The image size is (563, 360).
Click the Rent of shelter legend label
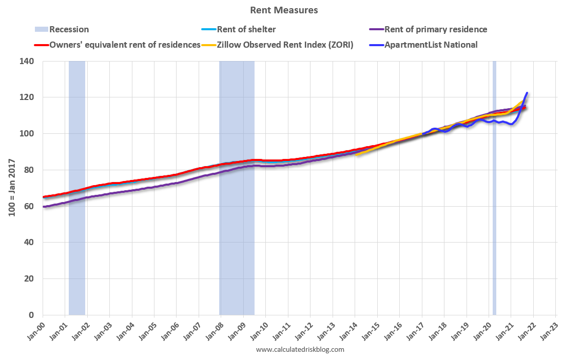(x=246, y=29)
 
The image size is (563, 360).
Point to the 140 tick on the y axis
(x=27, y=61)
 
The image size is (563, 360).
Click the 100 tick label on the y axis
(x=27, y=133)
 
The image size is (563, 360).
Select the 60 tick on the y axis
(x=29, y=206)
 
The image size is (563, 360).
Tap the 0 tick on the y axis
(x=31, y=315)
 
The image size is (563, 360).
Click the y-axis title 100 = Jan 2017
(x=11, y=188)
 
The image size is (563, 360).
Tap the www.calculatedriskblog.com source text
(x=300, y=350)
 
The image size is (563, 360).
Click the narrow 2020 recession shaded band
(x=494, y=205)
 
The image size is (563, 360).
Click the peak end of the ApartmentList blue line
(x=527, y=93)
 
